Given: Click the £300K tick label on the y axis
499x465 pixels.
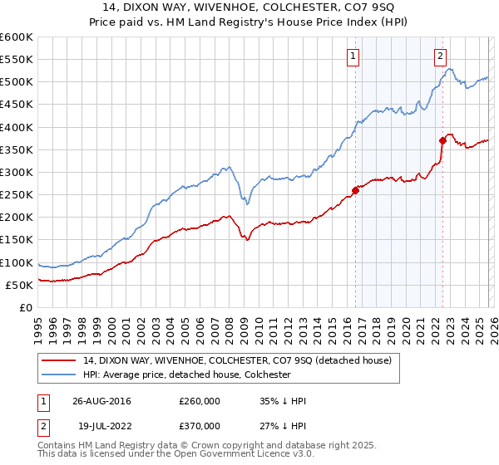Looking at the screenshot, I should [x=16, y=172].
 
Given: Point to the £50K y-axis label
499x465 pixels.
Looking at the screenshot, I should [x=18, y=285].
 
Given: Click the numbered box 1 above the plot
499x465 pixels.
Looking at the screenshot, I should [x=353, y=56].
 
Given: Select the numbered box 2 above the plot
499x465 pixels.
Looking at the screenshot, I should [x=440, y=56].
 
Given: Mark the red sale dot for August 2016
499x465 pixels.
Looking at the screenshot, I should [x=355, y=190].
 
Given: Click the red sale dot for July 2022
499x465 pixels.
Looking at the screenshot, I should [x=442, y=140].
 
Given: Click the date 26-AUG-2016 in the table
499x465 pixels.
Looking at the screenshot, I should [x=101, y=401].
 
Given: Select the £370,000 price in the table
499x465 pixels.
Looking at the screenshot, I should [x=200, y=425].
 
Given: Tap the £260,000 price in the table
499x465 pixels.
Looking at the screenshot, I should [x=200, y=401].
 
